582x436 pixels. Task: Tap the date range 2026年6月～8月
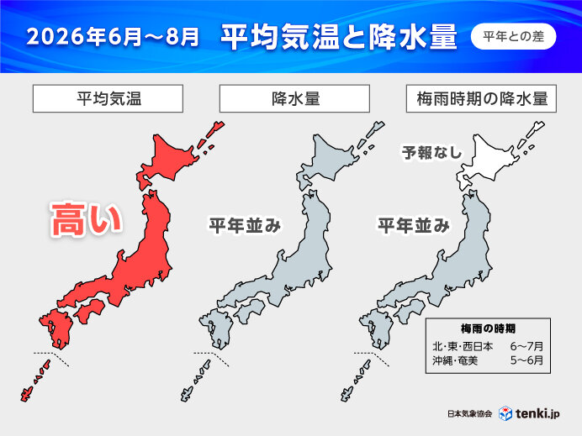[114, 38]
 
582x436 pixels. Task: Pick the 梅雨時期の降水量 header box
[482, 98]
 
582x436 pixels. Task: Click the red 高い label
[87, 220]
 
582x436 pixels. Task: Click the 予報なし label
[427, 153]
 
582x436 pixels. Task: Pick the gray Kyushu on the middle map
[217, 329]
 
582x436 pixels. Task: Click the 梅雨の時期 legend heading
[489, 328]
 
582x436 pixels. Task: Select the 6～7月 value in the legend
[526, 345]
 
